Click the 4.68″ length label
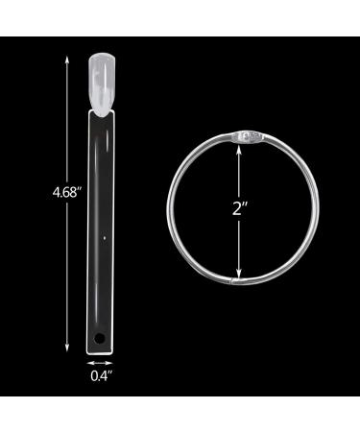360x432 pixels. pyautogui.click(x=65, y=193)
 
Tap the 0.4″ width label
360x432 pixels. pyautogui.click(x=101, y=375)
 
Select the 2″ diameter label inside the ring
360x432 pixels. pyautogui.click(x=239, y=208)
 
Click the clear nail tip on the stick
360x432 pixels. pyautogui.click(x=102, y=84)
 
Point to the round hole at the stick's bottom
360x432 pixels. pyautogui.click(x=101, y=337)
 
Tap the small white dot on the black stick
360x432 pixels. pyautogui.click(x=105, y=238)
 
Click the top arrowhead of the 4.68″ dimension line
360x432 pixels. pyautogui.click(x=67, y=60)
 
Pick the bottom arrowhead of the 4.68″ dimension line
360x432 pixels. pyautogui.click(x=67, y=348)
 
